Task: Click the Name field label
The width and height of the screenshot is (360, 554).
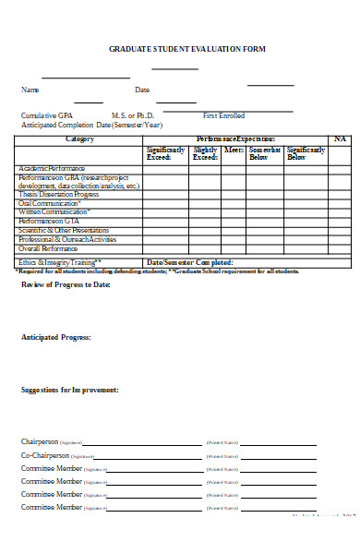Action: point(30,90)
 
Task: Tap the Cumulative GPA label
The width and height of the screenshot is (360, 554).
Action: point(45,115)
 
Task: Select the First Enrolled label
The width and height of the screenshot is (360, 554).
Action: point(223,115)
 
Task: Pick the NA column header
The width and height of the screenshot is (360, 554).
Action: point(340,138)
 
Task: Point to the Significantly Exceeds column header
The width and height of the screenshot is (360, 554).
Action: point(165,153)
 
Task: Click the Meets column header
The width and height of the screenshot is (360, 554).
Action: point(234,149)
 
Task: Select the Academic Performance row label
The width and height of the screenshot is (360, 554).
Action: point(54,169)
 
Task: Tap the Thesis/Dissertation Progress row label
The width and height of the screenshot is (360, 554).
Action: point(59,195)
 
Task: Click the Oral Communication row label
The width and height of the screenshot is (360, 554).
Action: point(50,204)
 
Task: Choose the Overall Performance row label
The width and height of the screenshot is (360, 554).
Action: point(48,248)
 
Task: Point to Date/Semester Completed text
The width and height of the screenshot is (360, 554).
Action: point(196,262)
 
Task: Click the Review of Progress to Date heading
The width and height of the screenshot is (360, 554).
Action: point(66,284)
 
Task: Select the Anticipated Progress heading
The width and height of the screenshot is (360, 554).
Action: point(56,338)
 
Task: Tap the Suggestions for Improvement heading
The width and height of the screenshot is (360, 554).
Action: point(69,391)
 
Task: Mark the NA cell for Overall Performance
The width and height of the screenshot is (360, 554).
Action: point(340,248)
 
